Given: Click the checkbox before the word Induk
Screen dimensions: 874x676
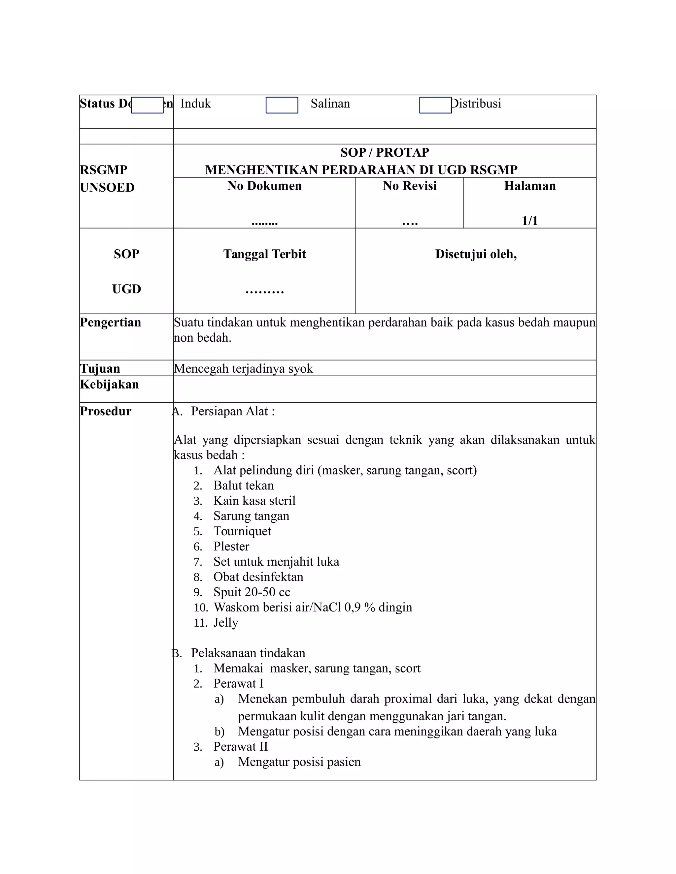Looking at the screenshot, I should coord(147,105).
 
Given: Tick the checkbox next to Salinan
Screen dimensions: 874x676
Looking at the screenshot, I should coord(282,105).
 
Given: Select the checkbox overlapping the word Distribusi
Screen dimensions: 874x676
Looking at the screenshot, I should coord(435,105).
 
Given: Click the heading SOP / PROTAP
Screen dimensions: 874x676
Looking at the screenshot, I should coord(385,152).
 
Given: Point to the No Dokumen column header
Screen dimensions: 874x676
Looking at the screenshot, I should coord(264,186).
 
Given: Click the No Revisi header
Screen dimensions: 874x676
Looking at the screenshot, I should coord(409,186).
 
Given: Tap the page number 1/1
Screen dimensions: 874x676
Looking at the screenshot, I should coord(529,221).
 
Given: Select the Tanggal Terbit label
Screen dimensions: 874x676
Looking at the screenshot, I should coord(264,254).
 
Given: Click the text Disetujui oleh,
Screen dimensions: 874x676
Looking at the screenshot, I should coord(476,254).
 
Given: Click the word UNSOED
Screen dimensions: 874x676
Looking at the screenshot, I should coord(107,187).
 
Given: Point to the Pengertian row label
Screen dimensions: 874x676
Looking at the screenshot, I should coord(111,322).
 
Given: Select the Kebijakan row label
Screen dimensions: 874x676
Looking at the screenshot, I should coord(109,384).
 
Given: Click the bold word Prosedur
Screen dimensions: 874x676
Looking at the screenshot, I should coord(106,411).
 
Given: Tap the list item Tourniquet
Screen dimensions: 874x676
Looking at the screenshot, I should coord(242,531).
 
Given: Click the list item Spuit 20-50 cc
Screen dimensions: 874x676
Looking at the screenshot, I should coord(252,592).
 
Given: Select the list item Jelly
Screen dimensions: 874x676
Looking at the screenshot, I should coord(225,622).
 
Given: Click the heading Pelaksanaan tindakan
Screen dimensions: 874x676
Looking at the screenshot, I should coord(248,653).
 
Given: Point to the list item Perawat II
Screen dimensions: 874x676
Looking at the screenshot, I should coord(240,746).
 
